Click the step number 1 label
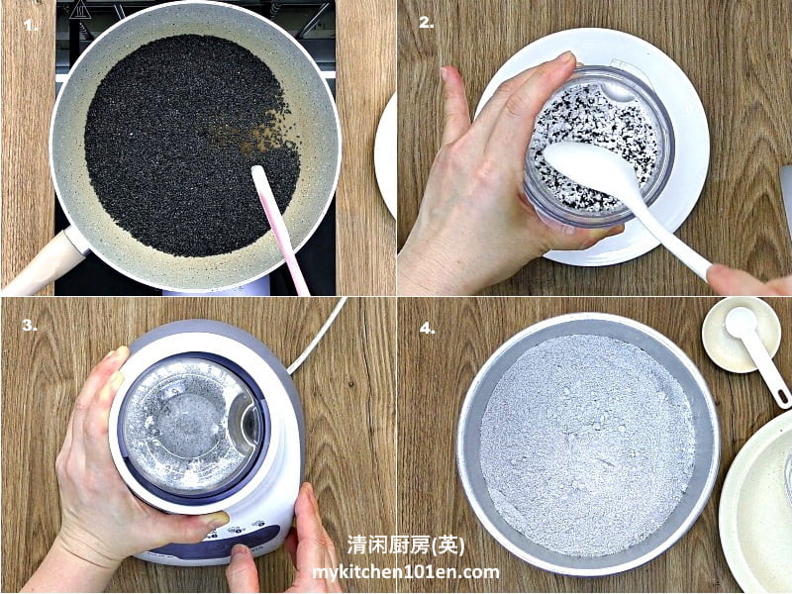tap(31, 26)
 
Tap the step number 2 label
tap(427, 23)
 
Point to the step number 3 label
tap(30, 325)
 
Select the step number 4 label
tap(427, 329)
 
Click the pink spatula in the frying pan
tap(279, 229)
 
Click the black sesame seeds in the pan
tap(191, 147)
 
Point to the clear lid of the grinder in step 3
tap(193, 426)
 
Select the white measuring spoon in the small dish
tap(757, 353)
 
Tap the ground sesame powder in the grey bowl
tap(587, 445)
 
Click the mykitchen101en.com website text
tap(406, 572)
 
